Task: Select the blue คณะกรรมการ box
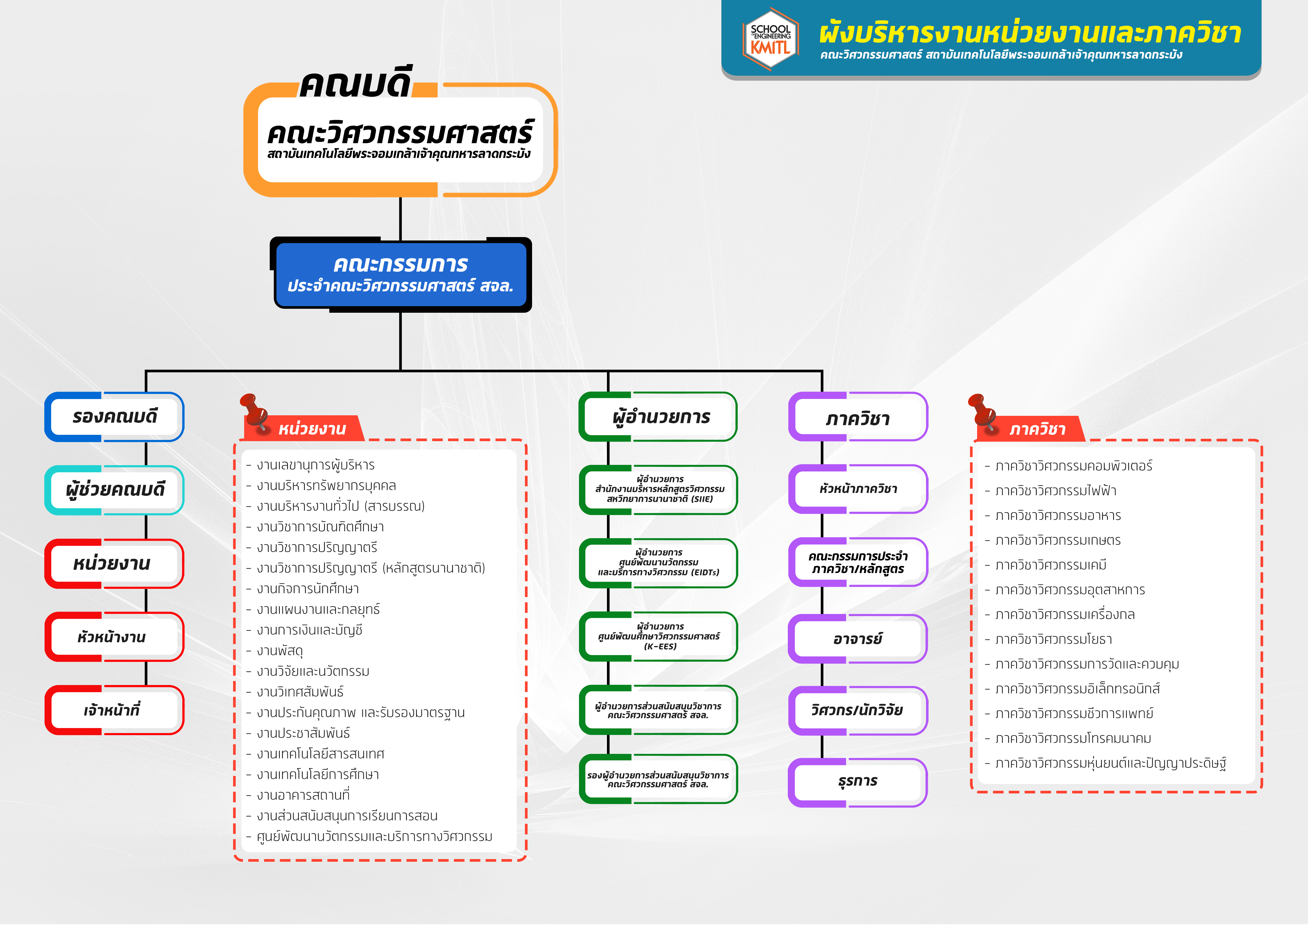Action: click(x=401, y=274)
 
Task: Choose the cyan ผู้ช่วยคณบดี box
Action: click(x=114, y=490)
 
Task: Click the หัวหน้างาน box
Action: click(x=114, y=637)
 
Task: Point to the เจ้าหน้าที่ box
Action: click(x=114, y=710)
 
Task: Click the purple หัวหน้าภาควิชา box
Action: click(x=858, y=489)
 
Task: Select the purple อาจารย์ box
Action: click(x=858, y=638)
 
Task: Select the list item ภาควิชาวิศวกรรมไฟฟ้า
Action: click(x=1050, y=490)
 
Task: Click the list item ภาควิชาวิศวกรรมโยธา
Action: click(x=1048, y=639)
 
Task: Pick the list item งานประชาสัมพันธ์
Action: click(x=298, y=733)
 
